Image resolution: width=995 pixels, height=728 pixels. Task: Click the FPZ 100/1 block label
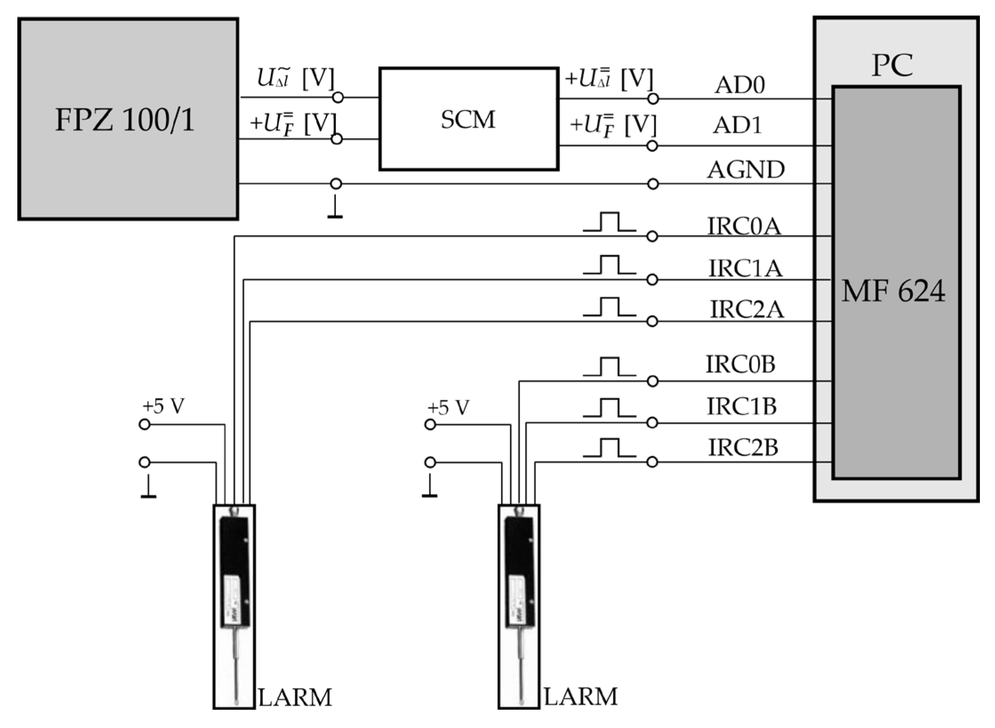coord(125,120)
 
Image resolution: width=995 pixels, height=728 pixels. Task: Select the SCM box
coord(468,119)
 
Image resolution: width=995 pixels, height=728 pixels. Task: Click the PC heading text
coord(892,66)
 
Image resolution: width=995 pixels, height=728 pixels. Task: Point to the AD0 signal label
coord(740,84)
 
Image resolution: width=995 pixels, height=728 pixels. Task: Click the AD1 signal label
coord(737,125)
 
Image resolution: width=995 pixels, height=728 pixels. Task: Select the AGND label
coord(746,169)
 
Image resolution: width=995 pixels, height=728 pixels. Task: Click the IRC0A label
coord(744,226)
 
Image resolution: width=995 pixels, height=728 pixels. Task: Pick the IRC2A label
coord(747,309)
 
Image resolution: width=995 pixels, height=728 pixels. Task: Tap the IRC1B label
coord(742,406)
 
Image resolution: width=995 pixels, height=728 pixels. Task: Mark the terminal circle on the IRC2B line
coord(652,463)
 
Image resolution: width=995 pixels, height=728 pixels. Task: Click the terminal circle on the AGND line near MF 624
coord(653,184)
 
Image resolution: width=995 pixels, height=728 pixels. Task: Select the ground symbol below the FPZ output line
coord(335,209)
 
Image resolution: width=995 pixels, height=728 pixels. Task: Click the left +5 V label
coord(163,406)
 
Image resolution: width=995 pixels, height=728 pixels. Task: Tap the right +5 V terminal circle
coord(430,425)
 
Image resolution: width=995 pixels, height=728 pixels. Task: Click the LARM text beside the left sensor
coord(295,697)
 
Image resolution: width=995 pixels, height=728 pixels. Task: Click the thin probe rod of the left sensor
coord(236,667)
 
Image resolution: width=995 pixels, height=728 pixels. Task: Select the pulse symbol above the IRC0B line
coord(609,367)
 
